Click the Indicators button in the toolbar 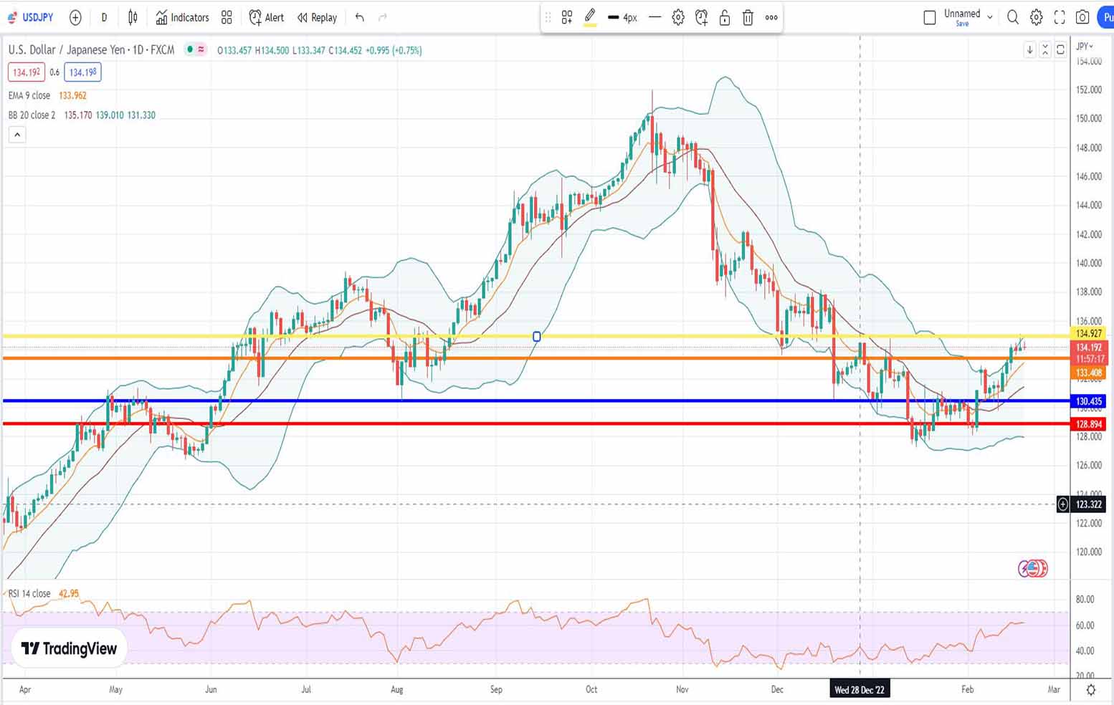click(182, 17)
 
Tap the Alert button click(266, 17)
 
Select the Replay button click(317, 17)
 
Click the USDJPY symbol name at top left click(37, 17)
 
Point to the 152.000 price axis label click(1088, 90)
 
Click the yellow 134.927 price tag click(1088, 333)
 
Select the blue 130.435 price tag click(1088, 401)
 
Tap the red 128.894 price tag click(1088, 424)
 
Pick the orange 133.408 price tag click(1088, 373)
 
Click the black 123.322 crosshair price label click(1088, 504)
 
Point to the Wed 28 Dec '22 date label click(859, 690)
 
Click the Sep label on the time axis click(496, 689)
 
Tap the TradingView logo click(69, 648)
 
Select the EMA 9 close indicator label click(29, 95)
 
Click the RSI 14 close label click(29, 593)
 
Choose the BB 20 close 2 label click(32, 115)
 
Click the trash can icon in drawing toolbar click(748, 17)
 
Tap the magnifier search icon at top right click(1012, 17)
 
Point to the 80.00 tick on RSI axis click(1085, 599)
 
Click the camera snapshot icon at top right click(1082, 17)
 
